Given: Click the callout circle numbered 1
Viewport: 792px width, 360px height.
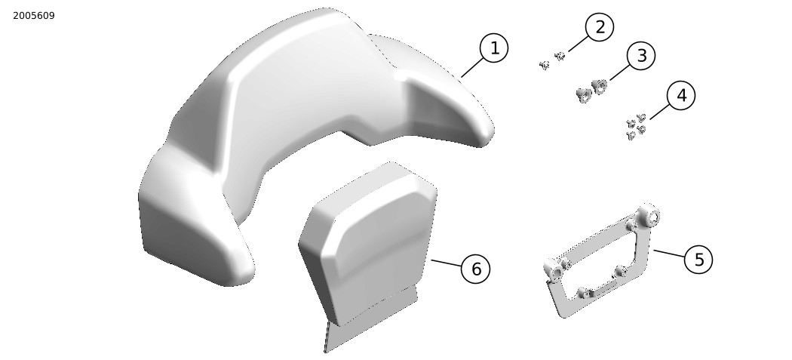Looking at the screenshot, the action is point(493,48).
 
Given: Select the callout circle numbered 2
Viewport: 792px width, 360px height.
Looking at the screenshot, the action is point(600,27).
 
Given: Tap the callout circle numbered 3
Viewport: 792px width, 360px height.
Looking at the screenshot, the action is point(641,56).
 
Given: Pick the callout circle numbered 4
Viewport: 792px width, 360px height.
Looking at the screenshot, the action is point(681,96).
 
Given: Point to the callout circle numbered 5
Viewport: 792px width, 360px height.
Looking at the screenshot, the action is point(698,260).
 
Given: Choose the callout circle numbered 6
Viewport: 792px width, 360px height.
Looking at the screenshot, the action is point(476,269).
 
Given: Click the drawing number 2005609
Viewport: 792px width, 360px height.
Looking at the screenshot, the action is point(34,16).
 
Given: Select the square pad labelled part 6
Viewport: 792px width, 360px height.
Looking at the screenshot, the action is point(369,243).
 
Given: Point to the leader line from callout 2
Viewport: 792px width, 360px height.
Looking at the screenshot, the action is point(578,44).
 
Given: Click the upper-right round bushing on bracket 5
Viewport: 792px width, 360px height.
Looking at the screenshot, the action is point(649,216).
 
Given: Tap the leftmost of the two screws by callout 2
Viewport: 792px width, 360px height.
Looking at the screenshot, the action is point(544,65).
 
